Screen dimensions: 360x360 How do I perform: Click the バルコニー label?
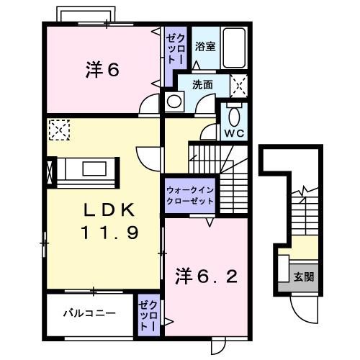coord(88,313)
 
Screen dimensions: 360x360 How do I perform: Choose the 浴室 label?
coord(204,47)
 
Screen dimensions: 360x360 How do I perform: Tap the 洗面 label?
coord(202,84)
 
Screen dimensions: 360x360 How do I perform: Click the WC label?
coord(233,133)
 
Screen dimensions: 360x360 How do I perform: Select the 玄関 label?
coord(302,276)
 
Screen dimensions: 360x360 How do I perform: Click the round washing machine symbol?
coord(173,102)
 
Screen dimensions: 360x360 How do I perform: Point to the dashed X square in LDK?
coord(57,131)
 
